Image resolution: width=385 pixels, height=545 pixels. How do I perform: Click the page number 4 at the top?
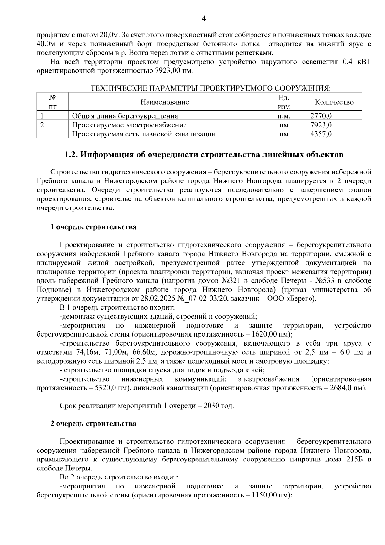pos(203,18)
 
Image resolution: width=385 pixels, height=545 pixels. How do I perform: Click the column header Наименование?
pos(165,102)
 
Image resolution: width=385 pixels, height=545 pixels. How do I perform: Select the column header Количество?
pos(334,102)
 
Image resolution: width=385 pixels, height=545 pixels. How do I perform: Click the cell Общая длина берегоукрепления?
pos(125,116)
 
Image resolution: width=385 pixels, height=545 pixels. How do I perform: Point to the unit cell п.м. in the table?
pos(284,116)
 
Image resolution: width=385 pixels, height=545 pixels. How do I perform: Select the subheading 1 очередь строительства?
pos(93,227)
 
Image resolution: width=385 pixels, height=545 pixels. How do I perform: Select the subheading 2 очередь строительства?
pos(93,423)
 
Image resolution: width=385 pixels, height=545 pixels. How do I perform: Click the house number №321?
pos(231,281)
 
